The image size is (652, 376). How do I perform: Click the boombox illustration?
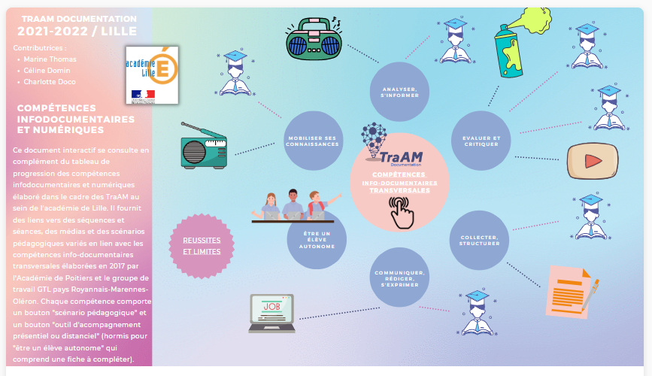pyautogui.click(x=314, y=39)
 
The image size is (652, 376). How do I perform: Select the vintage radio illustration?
pyautogui.click(x=203, y=147)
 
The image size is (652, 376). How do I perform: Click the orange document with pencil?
pyautogui.click(x=572, y=290)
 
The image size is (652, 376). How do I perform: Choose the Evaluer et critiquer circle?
pyautogui.click(x=481, y=141)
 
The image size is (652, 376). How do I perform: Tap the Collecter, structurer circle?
pyautogui.click(x=479, y=240)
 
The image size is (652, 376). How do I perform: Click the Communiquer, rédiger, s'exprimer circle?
pyautogui.click(x=399, y=277)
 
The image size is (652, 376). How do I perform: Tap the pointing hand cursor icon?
pyautogui.click(x=399, y=213)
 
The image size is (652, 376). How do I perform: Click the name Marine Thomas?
pyautogui.click(x=50, y=59)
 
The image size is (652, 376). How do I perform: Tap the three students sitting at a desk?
pyautogui.click(x=294, y=205)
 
